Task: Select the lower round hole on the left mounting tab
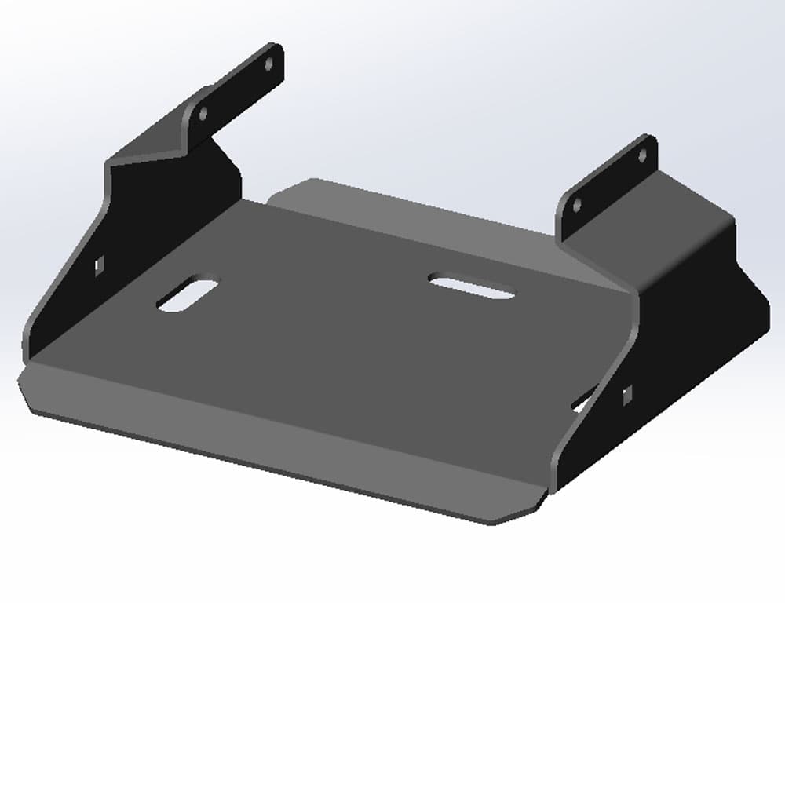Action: click(x=203, y=114)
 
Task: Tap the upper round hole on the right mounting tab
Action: click(x=642, y=155)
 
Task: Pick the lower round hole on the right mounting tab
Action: click(x=578, y=206)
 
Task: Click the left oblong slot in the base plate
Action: click(x=188, y=294)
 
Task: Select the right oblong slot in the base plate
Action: click(x=472, y=286)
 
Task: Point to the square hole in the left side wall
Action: click(x=99, y=265)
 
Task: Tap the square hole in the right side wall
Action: click(x=628, y=395)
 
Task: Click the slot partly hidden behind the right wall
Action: click(x=582, y=402)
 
